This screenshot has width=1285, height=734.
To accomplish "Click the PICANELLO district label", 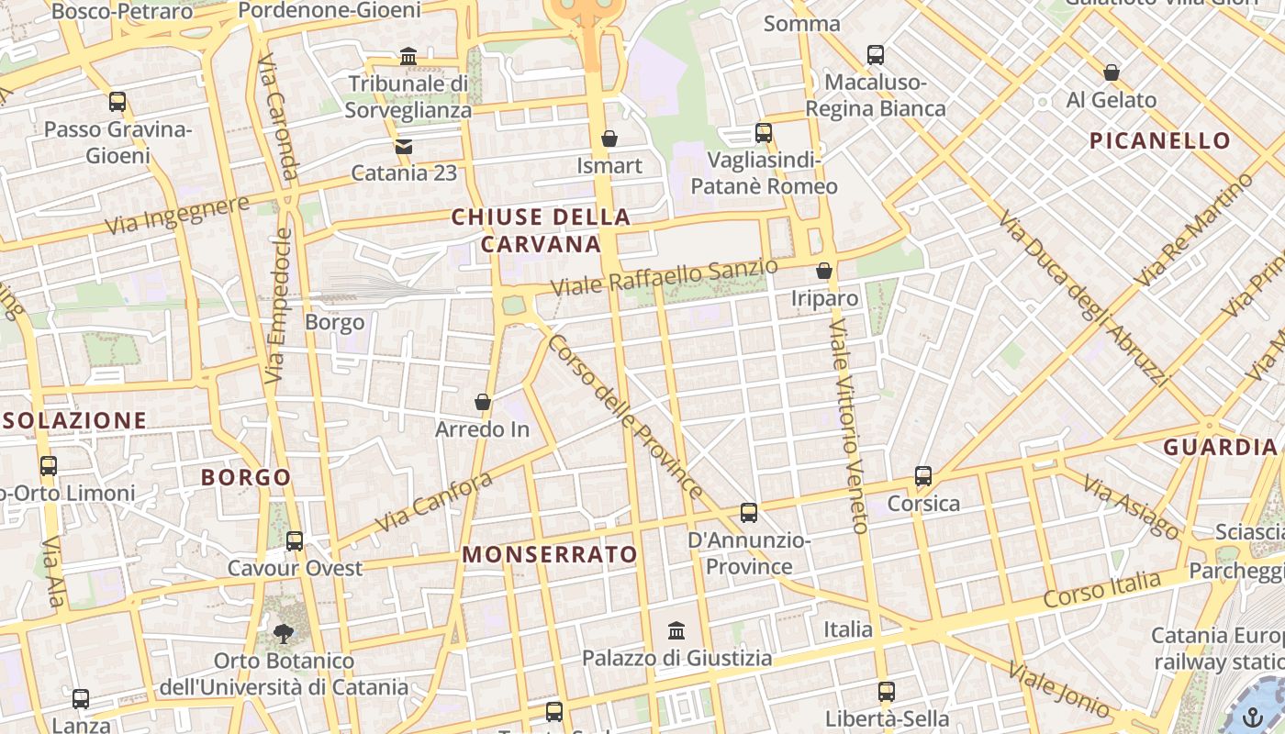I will click(x=1160, y=140).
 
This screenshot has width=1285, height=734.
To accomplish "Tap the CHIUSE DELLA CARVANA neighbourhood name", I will click(x=541, y=231).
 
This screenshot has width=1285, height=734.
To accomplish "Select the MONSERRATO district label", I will click(x=549, y=554).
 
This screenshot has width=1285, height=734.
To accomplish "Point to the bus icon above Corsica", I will click(x=923, y=476).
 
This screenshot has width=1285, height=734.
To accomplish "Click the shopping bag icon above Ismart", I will click(x=609, y=139).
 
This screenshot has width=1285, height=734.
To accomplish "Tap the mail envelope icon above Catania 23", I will click(x=403, y=146).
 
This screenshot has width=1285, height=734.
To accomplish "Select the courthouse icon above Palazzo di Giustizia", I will click(x=676, y=631).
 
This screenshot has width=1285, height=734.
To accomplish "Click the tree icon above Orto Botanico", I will click(x=284, y=633).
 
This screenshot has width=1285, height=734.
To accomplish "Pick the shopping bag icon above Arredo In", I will click(x=483, y=402).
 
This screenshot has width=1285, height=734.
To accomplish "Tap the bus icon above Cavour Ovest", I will click(x=295, y=541).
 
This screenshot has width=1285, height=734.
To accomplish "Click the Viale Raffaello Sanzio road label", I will click(x=664, y=277).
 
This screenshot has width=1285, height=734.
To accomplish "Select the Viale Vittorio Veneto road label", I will click(x=849, y=426).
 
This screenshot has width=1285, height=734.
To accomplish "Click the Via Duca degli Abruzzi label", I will click(x=1083, y=299).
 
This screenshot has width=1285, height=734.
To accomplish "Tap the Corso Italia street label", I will click(x=1101, y=589).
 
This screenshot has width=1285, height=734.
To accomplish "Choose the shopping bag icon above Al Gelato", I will click(x=1112, y=72).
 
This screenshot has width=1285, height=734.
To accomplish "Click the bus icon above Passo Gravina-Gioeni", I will click(x=117, y=102).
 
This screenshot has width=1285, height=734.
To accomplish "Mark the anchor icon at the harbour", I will click(x=1253, y=716).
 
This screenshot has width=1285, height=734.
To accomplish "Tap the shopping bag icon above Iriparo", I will click(x=824, y=271).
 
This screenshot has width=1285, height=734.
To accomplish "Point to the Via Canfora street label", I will click(x=433, y=502).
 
